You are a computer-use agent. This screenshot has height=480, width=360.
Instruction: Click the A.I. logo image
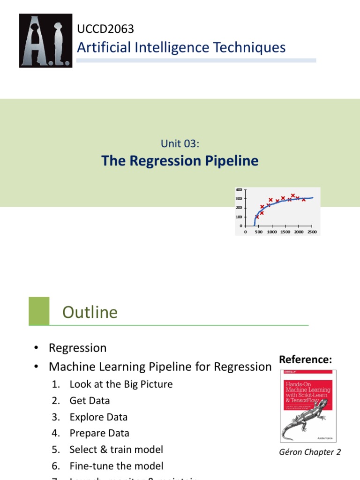coord(45,40)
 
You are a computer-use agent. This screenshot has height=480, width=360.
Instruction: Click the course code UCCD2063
coord(105,29)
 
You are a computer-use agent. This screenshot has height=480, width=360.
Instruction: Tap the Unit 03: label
coord(180,144)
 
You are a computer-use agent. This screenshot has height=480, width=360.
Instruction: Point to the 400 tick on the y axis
coord(239,190)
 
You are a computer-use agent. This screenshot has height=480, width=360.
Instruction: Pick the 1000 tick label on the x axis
coord(272,232)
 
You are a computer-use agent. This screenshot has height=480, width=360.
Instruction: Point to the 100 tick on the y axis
coord(239,217)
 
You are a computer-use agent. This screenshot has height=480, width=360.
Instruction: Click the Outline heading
coord(90,312)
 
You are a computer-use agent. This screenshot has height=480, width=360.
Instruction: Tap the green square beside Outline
coord(39,310)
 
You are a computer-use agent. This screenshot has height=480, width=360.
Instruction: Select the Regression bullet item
coord(77,348)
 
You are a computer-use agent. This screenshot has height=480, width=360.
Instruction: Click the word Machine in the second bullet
coord(74,367)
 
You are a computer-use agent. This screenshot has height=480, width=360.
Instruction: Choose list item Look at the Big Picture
coord(121,384)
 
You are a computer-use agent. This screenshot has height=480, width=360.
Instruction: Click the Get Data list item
coord(90,401)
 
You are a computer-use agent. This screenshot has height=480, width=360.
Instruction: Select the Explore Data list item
coord(98,417)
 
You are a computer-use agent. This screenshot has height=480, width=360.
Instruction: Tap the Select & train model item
coord(116,450)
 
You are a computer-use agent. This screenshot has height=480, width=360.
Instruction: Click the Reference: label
coord(306,360)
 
